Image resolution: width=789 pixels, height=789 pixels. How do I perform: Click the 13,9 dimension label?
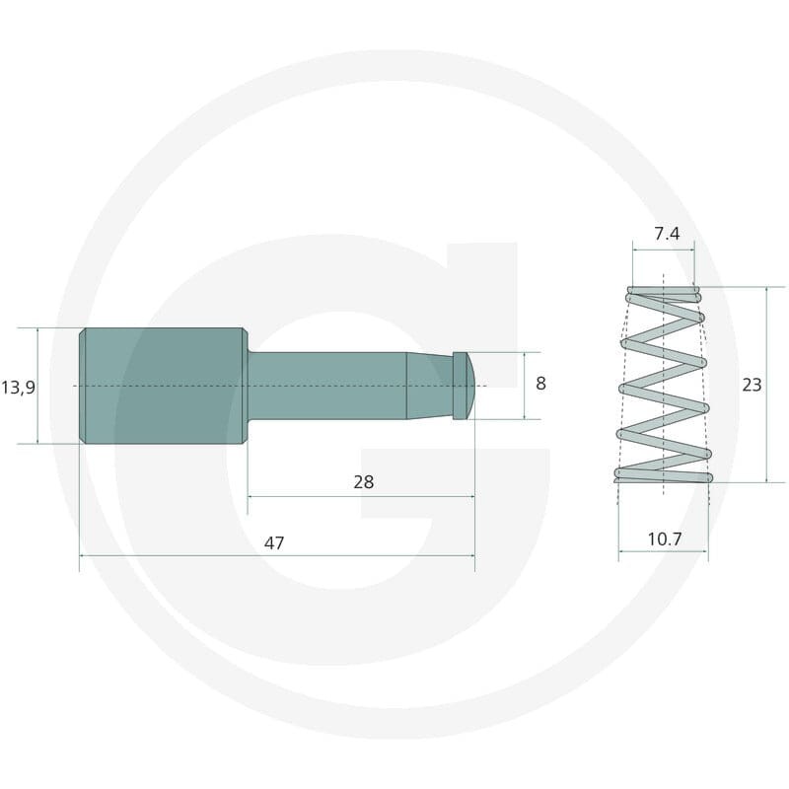18,388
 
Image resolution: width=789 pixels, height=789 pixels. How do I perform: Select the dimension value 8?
540,384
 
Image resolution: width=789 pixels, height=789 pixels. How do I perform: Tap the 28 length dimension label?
363,482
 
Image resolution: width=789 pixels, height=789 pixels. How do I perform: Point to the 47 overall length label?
274,543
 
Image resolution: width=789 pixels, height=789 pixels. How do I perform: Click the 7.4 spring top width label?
667,234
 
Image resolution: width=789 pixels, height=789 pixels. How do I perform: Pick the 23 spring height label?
752,385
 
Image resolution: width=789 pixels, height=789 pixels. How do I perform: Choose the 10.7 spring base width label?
664,538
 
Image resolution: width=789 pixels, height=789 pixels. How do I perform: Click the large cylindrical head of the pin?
164,386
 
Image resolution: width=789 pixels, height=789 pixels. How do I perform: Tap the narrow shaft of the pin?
327,386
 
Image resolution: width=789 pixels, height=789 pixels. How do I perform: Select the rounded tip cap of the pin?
464,386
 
